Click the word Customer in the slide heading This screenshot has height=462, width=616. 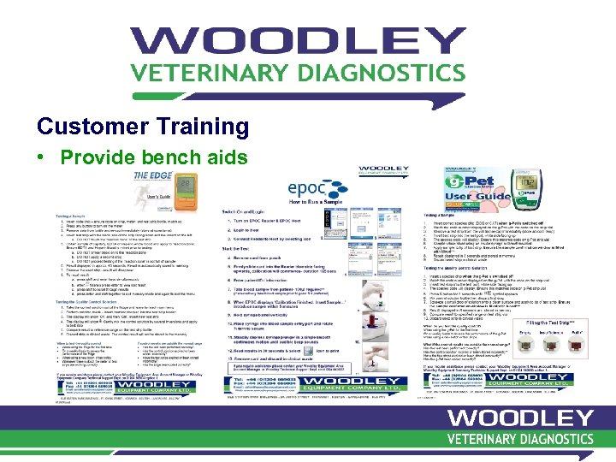click(90, 127)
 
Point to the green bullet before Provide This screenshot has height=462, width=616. click(41, 158)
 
